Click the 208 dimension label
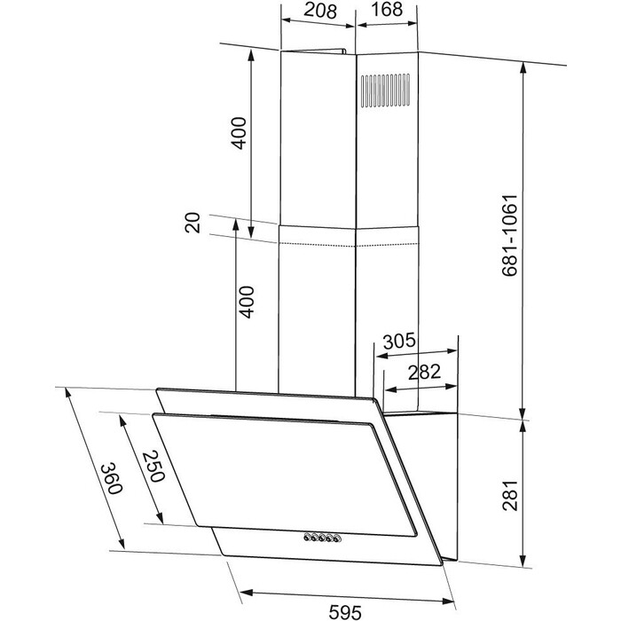[x=320, y=11]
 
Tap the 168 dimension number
[x=387, y=9]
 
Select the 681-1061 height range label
[x=510, y=235]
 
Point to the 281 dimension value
[x=510, y=495]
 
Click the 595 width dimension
[x=345, y=612]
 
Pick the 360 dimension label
[x=111, y=478]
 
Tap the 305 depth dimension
[x=399, y=341]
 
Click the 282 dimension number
[x=424, y=373]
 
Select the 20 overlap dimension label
[x=193, y=223]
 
